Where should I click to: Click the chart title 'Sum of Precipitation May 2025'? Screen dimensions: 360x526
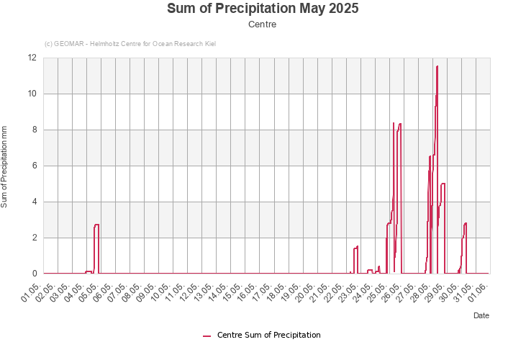(263, 9)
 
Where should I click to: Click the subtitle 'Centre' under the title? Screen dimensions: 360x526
(263, 24)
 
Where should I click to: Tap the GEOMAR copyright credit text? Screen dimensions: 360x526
(130, 44)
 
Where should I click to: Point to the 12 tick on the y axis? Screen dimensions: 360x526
(32, 58)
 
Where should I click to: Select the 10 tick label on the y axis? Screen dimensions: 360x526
(32, 94)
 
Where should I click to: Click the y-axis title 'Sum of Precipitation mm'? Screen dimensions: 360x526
(4, 166)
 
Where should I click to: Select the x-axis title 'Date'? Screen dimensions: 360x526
(481, 315)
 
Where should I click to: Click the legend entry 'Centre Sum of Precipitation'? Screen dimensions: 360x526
(268, 335)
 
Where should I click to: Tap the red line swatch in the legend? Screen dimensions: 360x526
(207, 336)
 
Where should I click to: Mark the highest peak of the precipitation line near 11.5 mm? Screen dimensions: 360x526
(437, 66)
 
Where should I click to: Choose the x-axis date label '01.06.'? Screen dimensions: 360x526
(481, 291)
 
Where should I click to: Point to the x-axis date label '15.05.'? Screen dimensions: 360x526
(237, 291)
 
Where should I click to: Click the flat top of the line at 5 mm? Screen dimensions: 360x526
(443, 184)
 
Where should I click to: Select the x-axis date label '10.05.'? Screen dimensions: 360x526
(165, 291)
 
